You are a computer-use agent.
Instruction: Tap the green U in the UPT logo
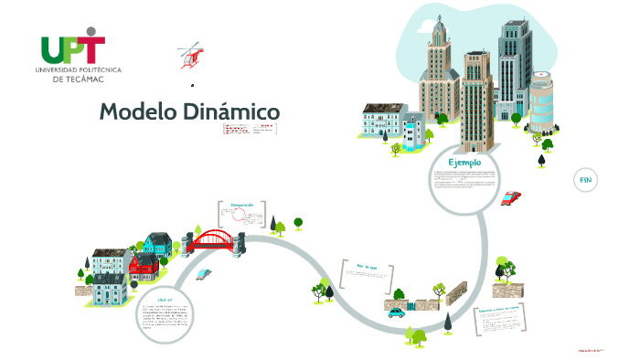53,49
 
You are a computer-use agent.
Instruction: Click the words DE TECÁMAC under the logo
78,79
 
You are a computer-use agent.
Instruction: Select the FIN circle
585,180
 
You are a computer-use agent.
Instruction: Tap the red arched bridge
213,239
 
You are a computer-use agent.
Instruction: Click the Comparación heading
242,206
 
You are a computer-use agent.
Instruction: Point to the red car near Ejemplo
512,196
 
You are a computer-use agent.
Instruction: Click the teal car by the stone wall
396,312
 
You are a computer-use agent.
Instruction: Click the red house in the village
144,266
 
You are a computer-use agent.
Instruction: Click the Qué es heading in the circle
165,299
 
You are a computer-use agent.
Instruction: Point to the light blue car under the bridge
203,272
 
